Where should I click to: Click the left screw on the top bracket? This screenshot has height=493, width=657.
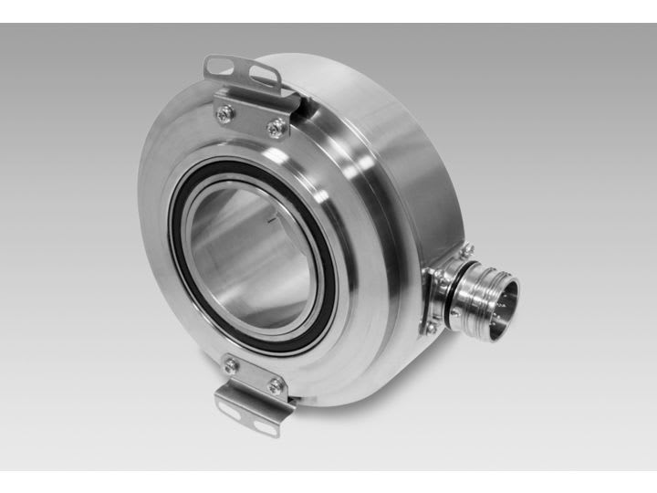click(224, 112)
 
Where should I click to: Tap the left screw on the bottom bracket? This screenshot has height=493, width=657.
click(232, 365)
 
